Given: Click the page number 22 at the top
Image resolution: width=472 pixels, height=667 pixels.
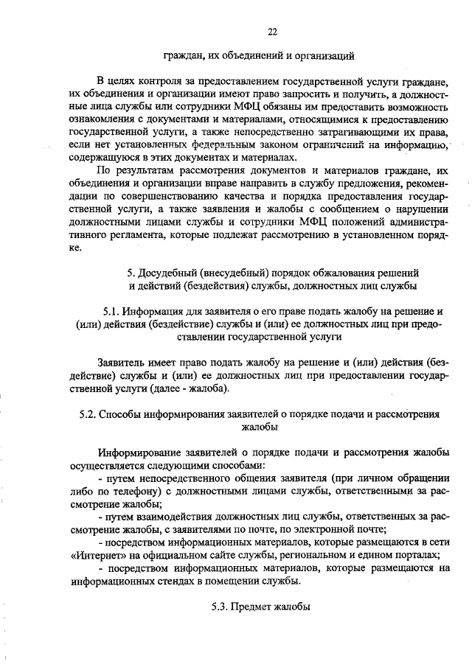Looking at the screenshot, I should coord(272,30).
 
